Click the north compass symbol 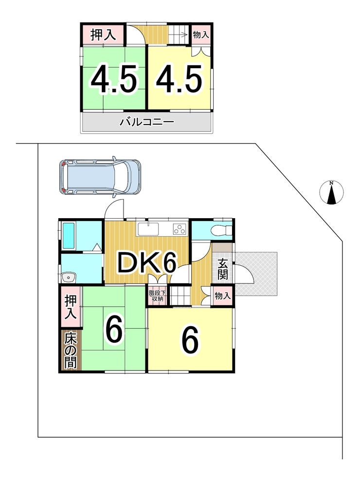(331, 192)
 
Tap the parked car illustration (100, 176)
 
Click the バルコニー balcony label (146, 122)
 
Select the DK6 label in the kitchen (144, 263)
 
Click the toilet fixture (221, 231)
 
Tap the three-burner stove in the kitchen (179, 228)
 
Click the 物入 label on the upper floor (201, 35)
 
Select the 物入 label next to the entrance (222, 296)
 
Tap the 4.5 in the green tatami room (114, 80)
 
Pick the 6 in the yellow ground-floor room (190, 340)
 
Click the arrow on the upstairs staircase (183, 35)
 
